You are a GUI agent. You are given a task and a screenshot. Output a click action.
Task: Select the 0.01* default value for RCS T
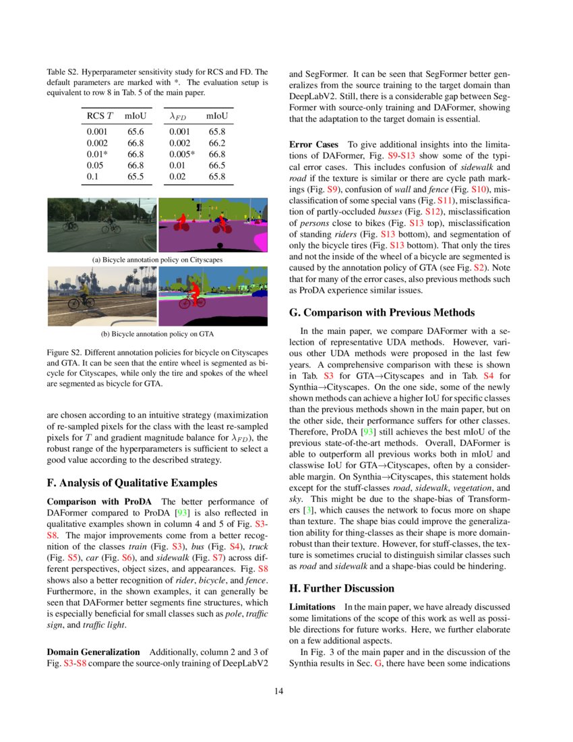[96, 154]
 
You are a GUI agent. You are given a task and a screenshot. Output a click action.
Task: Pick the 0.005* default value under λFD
[183, 154]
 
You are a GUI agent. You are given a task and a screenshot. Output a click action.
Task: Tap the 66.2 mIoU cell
[216, 143]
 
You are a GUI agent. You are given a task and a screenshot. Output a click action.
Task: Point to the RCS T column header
[100, 117]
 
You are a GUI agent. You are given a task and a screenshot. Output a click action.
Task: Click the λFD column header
[180, 117]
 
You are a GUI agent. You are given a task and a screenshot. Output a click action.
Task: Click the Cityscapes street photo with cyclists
[101, 224]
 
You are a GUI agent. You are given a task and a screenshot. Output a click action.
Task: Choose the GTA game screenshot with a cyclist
[101, 296]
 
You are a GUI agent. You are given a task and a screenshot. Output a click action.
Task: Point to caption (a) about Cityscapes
[157, 259]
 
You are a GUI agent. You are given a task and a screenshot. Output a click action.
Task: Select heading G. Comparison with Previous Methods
[381, 312]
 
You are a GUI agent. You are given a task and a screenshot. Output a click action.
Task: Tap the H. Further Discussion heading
[342, 588]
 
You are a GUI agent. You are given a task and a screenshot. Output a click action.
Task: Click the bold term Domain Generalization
[93, 652]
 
